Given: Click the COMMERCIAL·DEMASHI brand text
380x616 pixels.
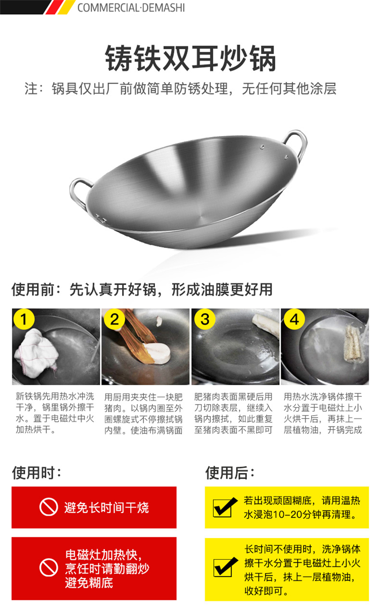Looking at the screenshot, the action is click(131, 8).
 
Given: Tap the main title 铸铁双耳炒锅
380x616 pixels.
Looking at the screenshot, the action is click(191, 58).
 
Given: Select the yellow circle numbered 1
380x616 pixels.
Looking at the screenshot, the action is click(24, 319).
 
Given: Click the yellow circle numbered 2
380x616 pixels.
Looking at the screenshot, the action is click(115, 319).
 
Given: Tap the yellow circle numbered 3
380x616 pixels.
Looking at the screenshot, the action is click(205, 319).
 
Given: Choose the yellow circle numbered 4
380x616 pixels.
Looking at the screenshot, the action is click(294, 319).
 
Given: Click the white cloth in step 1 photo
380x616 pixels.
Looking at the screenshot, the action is click(36, 353).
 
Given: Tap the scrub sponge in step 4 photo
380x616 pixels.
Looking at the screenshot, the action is click(354, 344).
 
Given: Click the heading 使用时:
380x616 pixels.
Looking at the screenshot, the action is click(36, 473).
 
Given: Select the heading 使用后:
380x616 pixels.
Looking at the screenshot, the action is click(230, 473).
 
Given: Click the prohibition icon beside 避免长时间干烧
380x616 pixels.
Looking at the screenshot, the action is click(49, 507).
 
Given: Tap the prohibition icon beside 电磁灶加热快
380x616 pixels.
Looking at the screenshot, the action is click(49, 567).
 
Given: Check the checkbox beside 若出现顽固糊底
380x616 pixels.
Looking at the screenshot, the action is click(225, 507).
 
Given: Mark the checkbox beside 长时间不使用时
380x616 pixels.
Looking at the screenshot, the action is click(225, 567).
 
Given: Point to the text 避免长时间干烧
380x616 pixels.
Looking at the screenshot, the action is click(106, 508).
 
